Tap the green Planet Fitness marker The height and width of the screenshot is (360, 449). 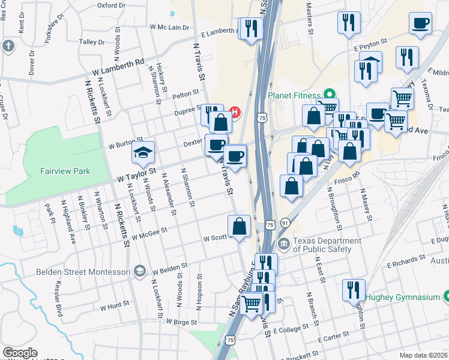tap(329, 94)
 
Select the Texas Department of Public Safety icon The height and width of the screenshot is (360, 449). tap(283, 244)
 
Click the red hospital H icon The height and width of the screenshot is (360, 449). tap(235, 112)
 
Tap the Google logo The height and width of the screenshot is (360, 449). tap(20, 353)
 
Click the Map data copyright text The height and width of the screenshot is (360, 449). tap(423, 355)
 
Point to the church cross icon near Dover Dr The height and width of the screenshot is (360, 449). tap(8, 46)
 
